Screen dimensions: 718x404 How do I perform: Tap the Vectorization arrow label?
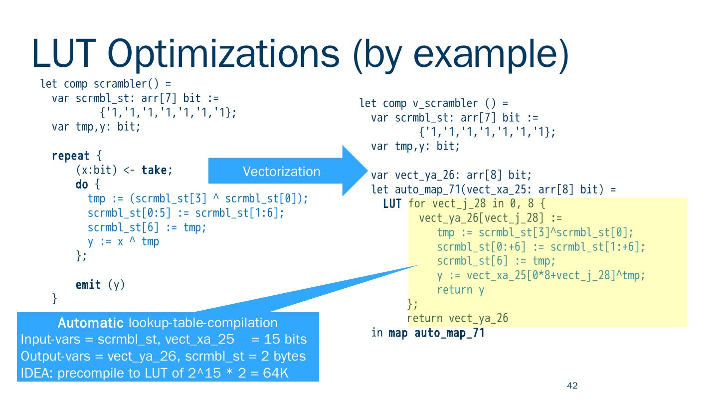point(281,172)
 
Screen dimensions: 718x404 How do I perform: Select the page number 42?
point(572,386)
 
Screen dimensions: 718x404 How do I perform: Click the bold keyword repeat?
point(70,156)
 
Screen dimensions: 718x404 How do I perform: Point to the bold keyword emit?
point(88,285)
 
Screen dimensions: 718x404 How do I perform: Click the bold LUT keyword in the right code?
point(392,204)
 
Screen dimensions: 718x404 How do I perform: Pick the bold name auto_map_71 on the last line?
point(449,333)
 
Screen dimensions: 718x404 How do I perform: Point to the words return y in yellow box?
point(460,290)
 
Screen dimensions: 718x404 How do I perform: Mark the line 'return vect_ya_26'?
point(457,318)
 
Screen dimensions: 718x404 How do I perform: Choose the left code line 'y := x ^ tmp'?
point(123,242)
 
